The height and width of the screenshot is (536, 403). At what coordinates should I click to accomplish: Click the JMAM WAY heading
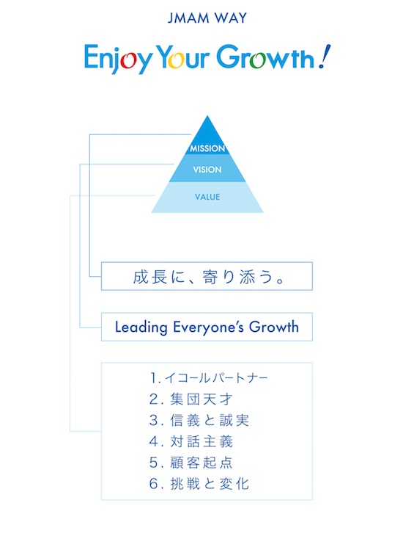(207, 18)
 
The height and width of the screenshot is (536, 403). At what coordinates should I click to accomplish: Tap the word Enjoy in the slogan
(118, 58)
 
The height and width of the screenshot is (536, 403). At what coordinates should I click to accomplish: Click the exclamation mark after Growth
(324, 56)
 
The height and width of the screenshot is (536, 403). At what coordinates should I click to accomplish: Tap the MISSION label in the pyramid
(207, 148)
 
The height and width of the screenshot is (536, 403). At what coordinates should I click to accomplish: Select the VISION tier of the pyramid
(207, 168)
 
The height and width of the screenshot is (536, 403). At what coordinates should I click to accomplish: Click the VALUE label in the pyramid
(207, 197)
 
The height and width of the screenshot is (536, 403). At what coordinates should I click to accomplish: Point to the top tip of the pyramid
(207, 116)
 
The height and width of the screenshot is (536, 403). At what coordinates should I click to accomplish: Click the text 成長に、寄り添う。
(209, 277)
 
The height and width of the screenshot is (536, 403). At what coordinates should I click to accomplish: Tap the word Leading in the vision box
(141, 327)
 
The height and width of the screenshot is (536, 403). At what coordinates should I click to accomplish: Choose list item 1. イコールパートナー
(209, 378)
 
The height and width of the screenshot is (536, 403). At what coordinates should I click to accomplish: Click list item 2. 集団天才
(191, 399)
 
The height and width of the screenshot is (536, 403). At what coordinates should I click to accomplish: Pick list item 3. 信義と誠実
(199, 421)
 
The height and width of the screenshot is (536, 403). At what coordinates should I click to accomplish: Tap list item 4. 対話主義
(191, 442)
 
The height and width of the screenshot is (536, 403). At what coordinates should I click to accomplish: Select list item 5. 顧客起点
(191, 463)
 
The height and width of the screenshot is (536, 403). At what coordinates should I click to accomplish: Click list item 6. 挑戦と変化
(199, 484)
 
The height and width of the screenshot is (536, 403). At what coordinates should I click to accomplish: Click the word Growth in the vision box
(273, 327)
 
